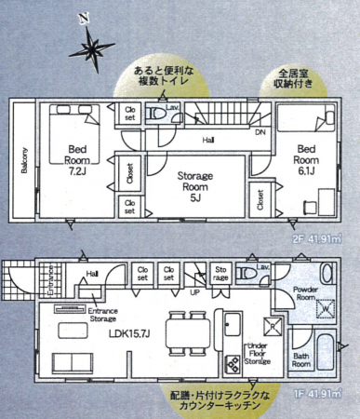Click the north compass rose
coord(94,43)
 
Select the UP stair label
coord(194,291)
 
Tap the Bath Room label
coord(300,359)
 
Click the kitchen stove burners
coord(230,363)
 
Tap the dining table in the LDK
coord(182,331)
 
